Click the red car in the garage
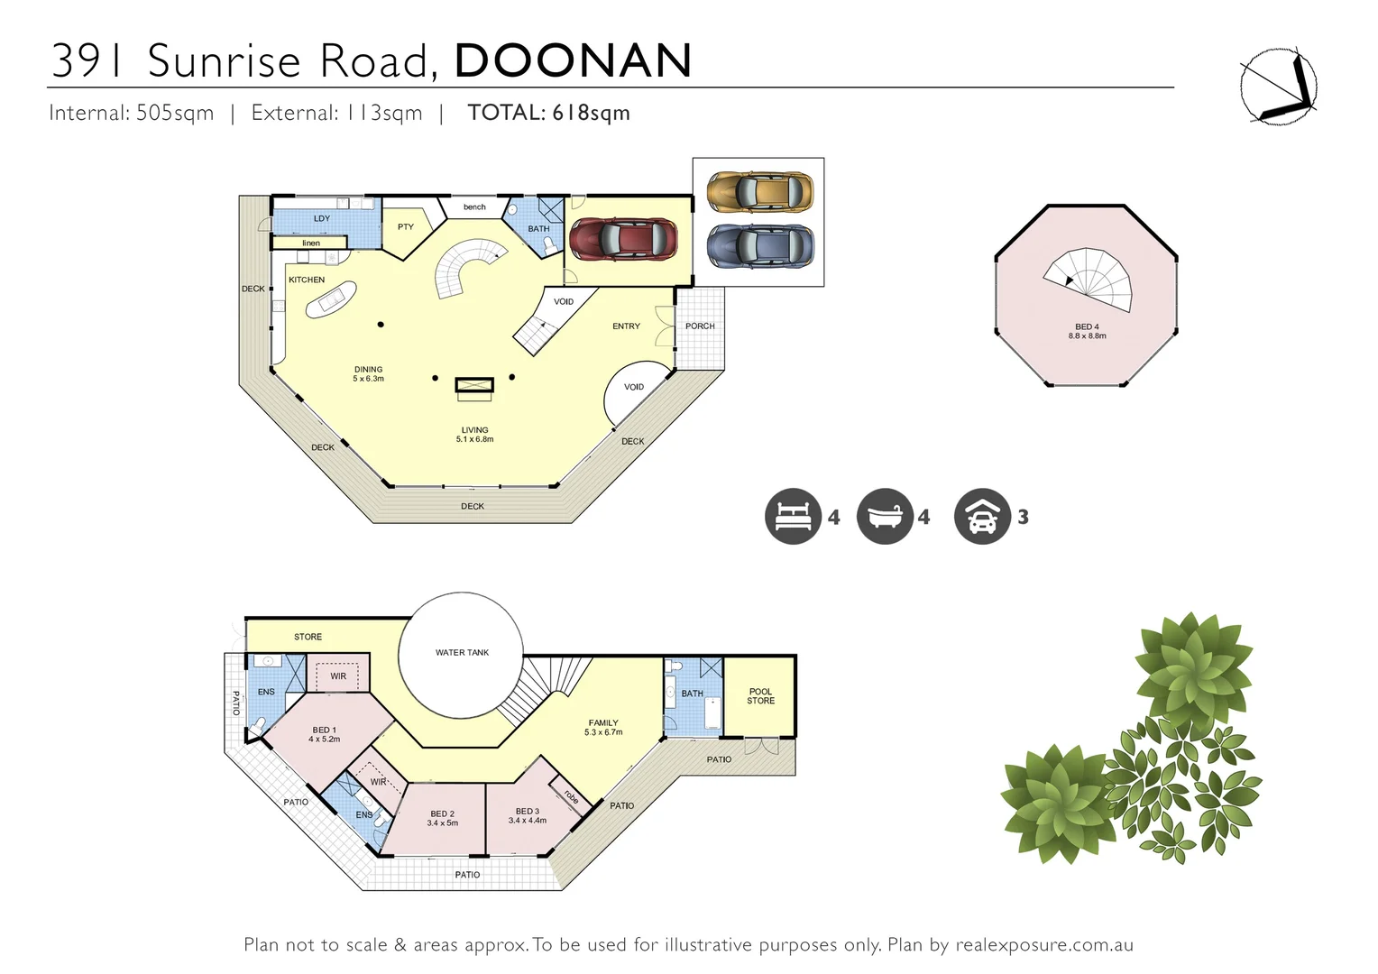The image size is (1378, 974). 623,239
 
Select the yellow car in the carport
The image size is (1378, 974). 759,192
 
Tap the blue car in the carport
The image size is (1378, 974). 759,245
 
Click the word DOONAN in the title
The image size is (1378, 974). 574,60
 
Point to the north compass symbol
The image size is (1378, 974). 1277,87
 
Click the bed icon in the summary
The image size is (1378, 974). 793,517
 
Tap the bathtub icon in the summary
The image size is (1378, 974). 885,517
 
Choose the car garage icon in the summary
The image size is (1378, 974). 982,517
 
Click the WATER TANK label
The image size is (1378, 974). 462,653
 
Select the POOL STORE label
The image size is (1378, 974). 760,696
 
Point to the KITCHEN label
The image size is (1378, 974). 307,280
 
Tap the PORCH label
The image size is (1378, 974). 700,326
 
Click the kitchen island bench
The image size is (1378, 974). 331,299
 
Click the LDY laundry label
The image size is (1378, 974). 322,218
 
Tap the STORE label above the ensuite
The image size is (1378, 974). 308,637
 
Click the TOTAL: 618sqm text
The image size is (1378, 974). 548,113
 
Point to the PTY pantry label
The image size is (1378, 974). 406,226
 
